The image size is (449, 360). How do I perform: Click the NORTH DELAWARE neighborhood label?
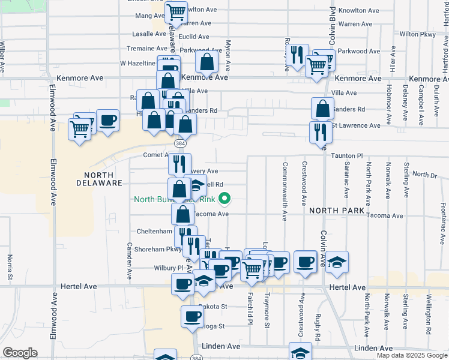pos(99,178)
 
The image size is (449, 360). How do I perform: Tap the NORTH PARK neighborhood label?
pos(337,211)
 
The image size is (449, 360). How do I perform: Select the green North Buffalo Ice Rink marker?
pos(225,197)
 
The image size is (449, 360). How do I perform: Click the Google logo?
pos(20,353)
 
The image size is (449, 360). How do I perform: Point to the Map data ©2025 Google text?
pos(411,355)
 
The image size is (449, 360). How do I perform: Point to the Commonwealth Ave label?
pos(285,185)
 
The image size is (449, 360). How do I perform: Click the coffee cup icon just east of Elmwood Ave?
pos(107,120)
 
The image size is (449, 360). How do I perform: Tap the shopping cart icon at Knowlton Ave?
pos(176,11)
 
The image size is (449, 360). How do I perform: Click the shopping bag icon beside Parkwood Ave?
pos(207,62)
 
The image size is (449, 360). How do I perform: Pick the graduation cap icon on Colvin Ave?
pos(338,262)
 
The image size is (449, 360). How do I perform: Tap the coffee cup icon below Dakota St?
pos(193,316)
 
